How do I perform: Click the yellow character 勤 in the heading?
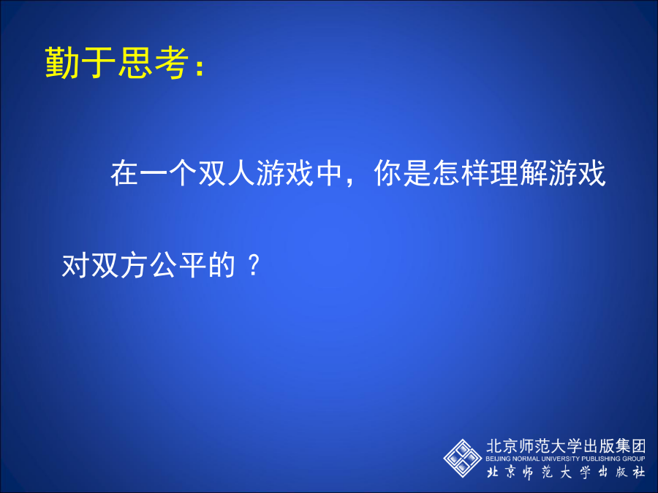tap(62, 62)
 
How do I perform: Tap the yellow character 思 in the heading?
tap(135, 62)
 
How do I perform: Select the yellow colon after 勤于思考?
tap(200, 66)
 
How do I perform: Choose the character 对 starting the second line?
tap(76, 265)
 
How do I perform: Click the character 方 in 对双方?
tap(135, 265)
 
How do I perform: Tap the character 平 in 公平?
tap(192, 265)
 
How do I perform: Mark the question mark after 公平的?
tap(254, 265)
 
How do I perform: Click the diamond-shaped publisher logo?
tap(463, 458)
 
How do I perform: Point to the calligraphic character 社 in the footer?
tap(639, 473)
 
